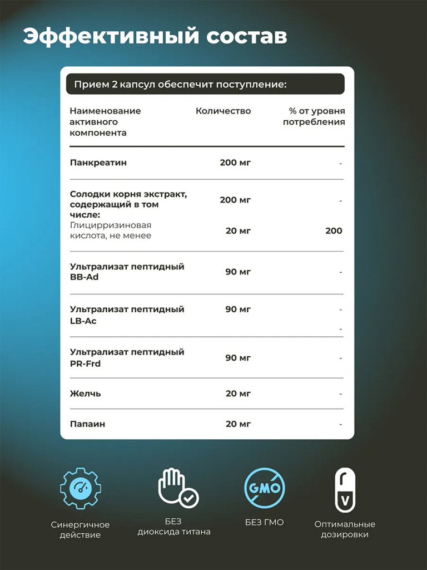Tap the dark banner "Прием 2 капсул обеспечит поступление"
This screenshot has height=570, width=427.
[x=181, y=85]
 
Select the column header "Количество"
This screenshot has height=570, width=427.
[x=223, y=111]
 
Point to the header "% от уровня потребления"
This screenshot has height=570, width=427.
[x=314, y=116]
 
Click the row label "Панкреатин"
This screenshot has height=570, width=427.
[x=98, y=163]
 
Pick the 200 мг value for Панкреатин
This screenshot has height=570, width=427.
[x=235, y=163]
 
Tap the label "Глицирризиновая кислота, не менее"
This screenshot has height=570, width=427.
[x=111, y=230]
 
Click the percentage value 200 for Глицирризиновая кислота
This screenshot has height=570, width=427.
[x=334, y=230]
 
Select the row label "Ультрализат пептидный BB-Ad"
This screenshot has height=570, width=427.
[x=127, y=272]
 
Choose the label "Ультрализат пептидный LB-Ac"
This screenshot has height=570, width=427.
[x=127, y=315]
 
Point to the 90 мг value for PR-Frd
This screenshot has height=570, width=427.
[x=238, y=357]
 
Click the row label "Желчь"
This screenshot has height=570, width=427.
[x=86, y=394]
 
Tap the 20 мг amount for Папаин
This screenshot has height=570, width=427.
[x=238, y=424]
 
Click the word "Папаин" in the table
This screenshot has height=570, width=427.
[x=88, y=424]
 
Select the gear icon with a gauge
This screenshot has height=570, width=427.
[x=80, y=488]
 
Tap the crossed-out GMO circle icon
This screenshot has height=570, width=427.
[x=265, y=488]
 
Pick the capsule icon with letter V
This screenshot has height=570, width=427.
[x=345, y=490]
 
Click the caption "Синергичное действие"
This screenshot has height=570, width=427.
[x=80, y=529]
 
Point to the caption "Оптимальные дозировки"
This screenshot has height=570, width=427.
[x=345, y=529]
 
